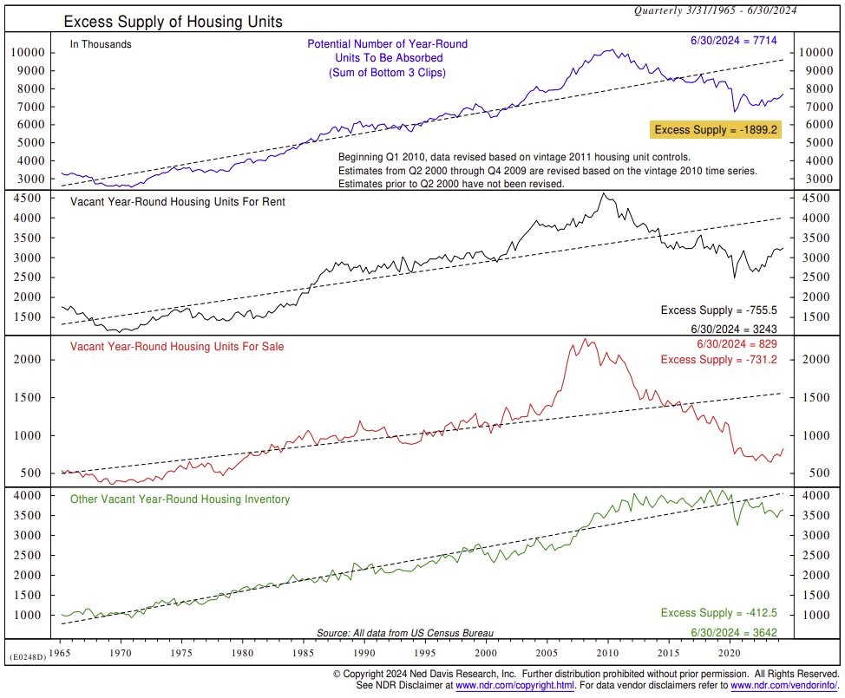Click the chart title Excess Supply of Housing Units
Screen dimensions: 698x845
pos(173,21)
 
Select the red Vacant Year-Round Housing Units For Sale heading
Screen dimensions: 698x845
pos(177,347)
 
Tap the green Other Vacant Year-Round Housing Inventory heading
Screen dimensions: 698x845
pos(180,499)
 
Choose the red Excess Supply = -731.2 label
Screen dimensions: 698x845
pos(718,360)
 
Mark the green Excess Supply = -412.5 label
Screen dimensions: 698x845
pos(718,613)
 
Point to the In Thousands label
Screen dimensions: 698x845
pos(101,44)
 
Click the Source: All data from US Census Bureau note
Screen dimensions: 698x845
pos(410,633)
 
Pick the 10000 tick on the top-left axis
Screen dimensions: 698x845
pos(28,52)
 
